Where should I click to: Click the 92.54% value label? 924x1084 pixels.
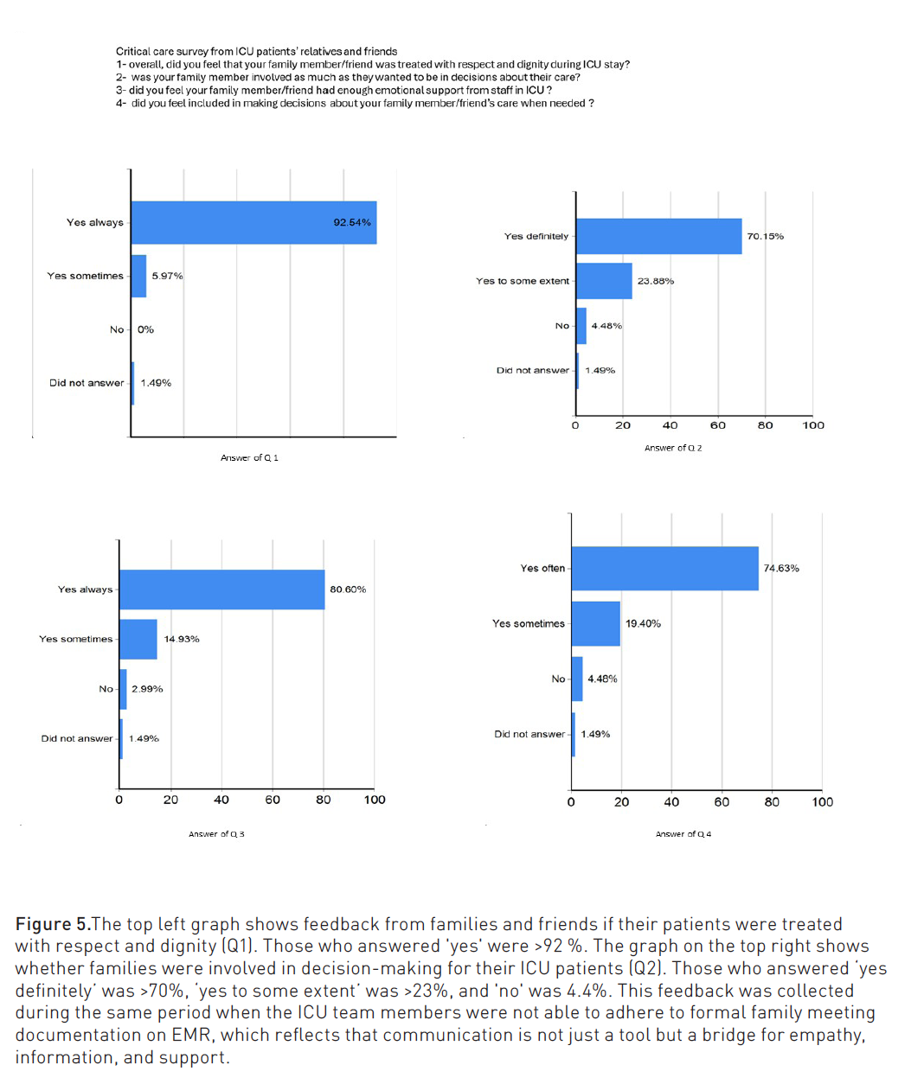(x=352, y=223)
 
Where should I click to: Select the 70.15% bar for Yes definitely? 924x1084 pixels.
(x=658, y=236)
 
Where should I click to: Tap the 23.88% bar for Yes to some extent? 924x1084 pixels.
(x=604, y=281)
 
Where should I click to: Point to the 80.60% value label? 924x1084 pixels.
(x=348, y=590)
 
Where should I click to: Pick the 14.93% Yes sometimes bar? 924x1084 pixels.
(x=138, y=639)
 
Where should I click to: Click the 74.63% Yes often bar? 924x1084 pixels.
(x=664, y=568)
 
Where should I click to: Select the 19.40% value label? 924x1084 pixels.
(x=643, y=623)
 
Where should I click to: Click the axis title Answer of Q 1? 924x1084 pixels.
(x=249, y=457)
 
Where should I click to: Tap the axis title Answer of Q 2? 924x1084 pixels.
(x=673, y=448)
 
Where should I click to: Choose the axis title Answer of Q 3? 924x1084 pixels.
(x=216, y=834)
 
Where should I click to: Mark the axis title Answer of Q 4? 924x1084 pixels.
(x=683, y=834)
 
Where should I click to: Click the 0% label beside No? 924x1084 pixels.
(x=145, y=329)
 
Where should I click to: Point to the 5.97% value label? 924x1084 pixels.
(x=167, y=276)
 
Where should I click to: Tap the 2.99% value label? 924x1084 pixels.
(x=147, y=689)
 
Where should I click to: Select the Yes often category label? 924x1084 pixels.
(x=542, y=568)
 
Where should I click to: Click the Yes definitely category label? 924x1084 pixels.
(x=536, y=236)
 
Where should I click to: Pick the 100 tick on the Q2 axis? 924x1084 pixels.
(x=813, y=425)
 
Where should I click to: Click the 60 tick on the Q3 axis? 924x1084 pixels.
(x=273, y=800)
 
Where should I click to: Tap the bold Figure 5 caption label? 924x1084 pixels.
(x=53, y=924)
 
